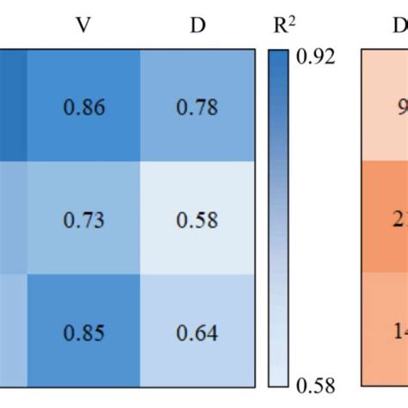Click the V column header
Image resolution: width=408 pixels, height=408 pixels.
click(x=83, y=26)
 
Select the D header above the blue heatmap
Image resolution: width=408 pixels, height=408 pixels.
click(x=198, y=26)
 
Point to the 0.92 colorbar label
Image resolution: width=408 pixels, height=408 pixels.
click(x=316, y=57)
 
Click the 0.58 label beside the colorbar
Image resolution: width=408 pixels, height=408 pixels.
click(x=316, y=384)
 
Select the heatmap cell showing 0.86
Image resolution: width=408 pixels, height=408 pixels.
click(x=83, y=107)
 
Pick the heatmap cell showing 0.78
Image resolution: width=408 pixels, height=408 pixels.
click(x=198, y=107)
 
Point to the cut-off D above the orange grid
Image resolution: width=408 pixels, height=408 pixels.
click(x=400, y=26)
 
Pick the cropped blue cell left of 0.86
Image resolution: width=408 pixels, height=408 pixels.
click(x=12, y=107)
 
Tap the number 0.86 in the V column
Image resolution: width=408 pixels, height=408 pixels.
click(x=83, y=108)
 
